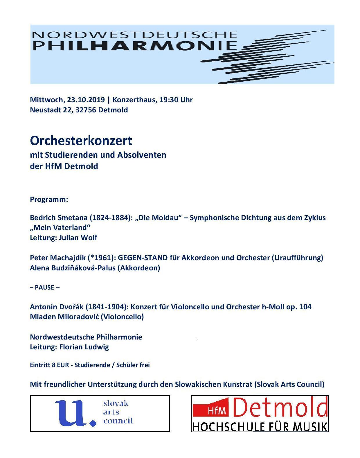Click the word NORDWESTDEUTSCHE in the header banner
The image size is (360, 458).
coord(134,35)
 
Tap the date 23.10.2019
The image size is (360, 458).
coord(86,100)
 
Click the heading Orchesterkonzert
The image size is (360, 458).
coord(81,141)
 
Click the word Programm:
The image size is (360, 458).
coord(49,200)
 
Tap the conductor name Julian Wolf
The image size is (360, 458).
coord(78,238)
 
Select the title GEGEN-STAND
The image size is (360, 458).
coord(143,258)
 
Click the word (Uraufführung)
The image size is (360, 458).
coord(297,258)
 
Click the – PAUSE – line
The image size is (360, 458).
coord(45,288)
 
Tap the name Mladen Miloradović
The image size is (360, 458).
coord(64,317)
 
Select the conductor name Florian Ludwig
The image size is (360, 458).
coord(84,347)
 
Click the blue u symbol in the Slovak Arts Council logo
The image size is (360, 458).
coord(75,412)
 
